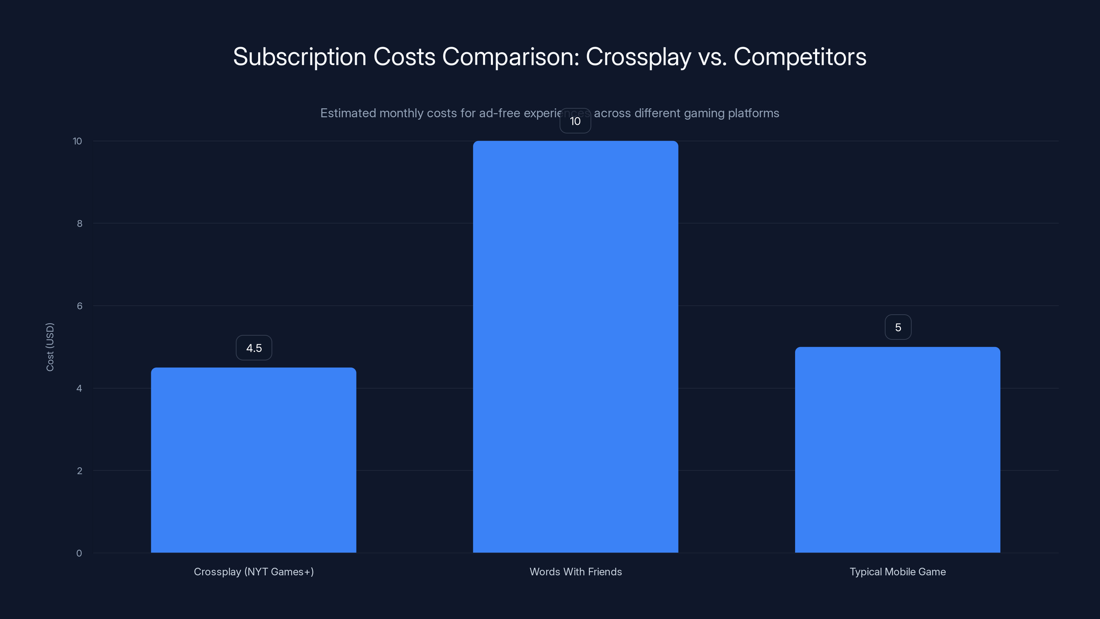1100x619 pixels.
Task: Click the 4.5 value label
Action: click(x=254, y=348)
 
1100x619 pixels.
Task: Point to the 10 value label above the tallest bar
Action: click(x=575, y=121)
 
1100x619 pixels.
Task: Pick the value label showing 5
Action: click(x=898, y=327)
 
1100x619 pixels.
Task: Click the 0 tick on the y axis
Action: click(x=79, y=553)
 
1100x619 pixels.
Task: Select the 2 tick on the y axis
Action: click(x=79, y=471)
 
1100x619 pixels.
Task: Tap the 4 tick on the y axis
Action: click(x=79, y=388)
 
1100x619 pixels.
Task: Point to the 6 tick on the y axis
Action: click(x=79, y=306)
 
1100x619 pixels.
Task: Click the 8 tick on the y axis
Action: click(x=79, y=224)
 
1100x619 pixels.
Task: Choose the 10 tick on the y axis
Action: click(x=77, y=141)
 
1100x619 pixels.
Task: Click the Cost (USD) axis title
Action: click(x=50, y=347)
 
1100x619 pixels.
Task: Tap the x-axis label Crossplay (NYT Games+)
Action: click(x=254, y=572)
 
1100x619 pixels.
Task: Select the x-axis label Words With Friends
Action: click(x=575, y=572)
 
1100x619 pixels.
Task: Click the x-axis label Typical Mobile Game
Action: click(x=897, y=572)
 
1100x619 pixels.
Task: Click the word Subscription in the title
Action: click(x=299, y=57)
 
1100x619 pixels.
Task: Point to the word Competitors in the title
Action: click(x=800, y=57)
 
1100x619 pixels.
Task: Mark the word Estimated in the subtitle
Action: click(x=348, y=113)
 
